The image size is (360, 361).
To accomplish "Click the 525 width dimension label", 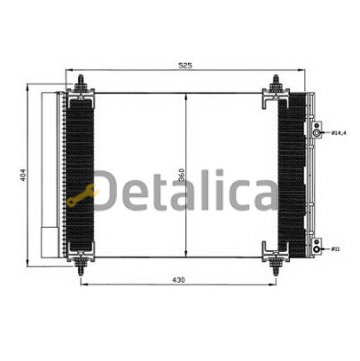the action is tap(185, 65).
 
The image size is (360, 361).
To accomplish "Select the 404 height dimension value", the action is tap(23, 175).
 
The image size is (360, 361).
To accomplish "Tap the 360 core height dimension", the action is tap(182, 176).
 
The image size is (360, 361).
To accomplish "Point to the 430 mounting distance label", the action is tap(178, 280).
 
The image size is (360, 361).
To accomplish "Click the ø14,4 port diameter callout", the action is tap(338, 133).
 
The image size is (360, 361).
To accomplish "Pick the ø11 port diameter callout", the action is tap(336, 249).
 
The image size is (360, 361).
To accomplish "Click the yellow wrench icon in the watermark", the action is tap(82, 196).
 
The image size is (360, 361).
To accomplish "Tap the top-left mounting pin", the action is tap(80, 82).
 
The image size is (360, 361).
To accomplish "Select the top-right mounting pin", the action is tap(275, 82).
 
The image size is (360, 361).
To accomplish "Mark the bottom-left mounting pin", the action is tap(80, 267).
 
